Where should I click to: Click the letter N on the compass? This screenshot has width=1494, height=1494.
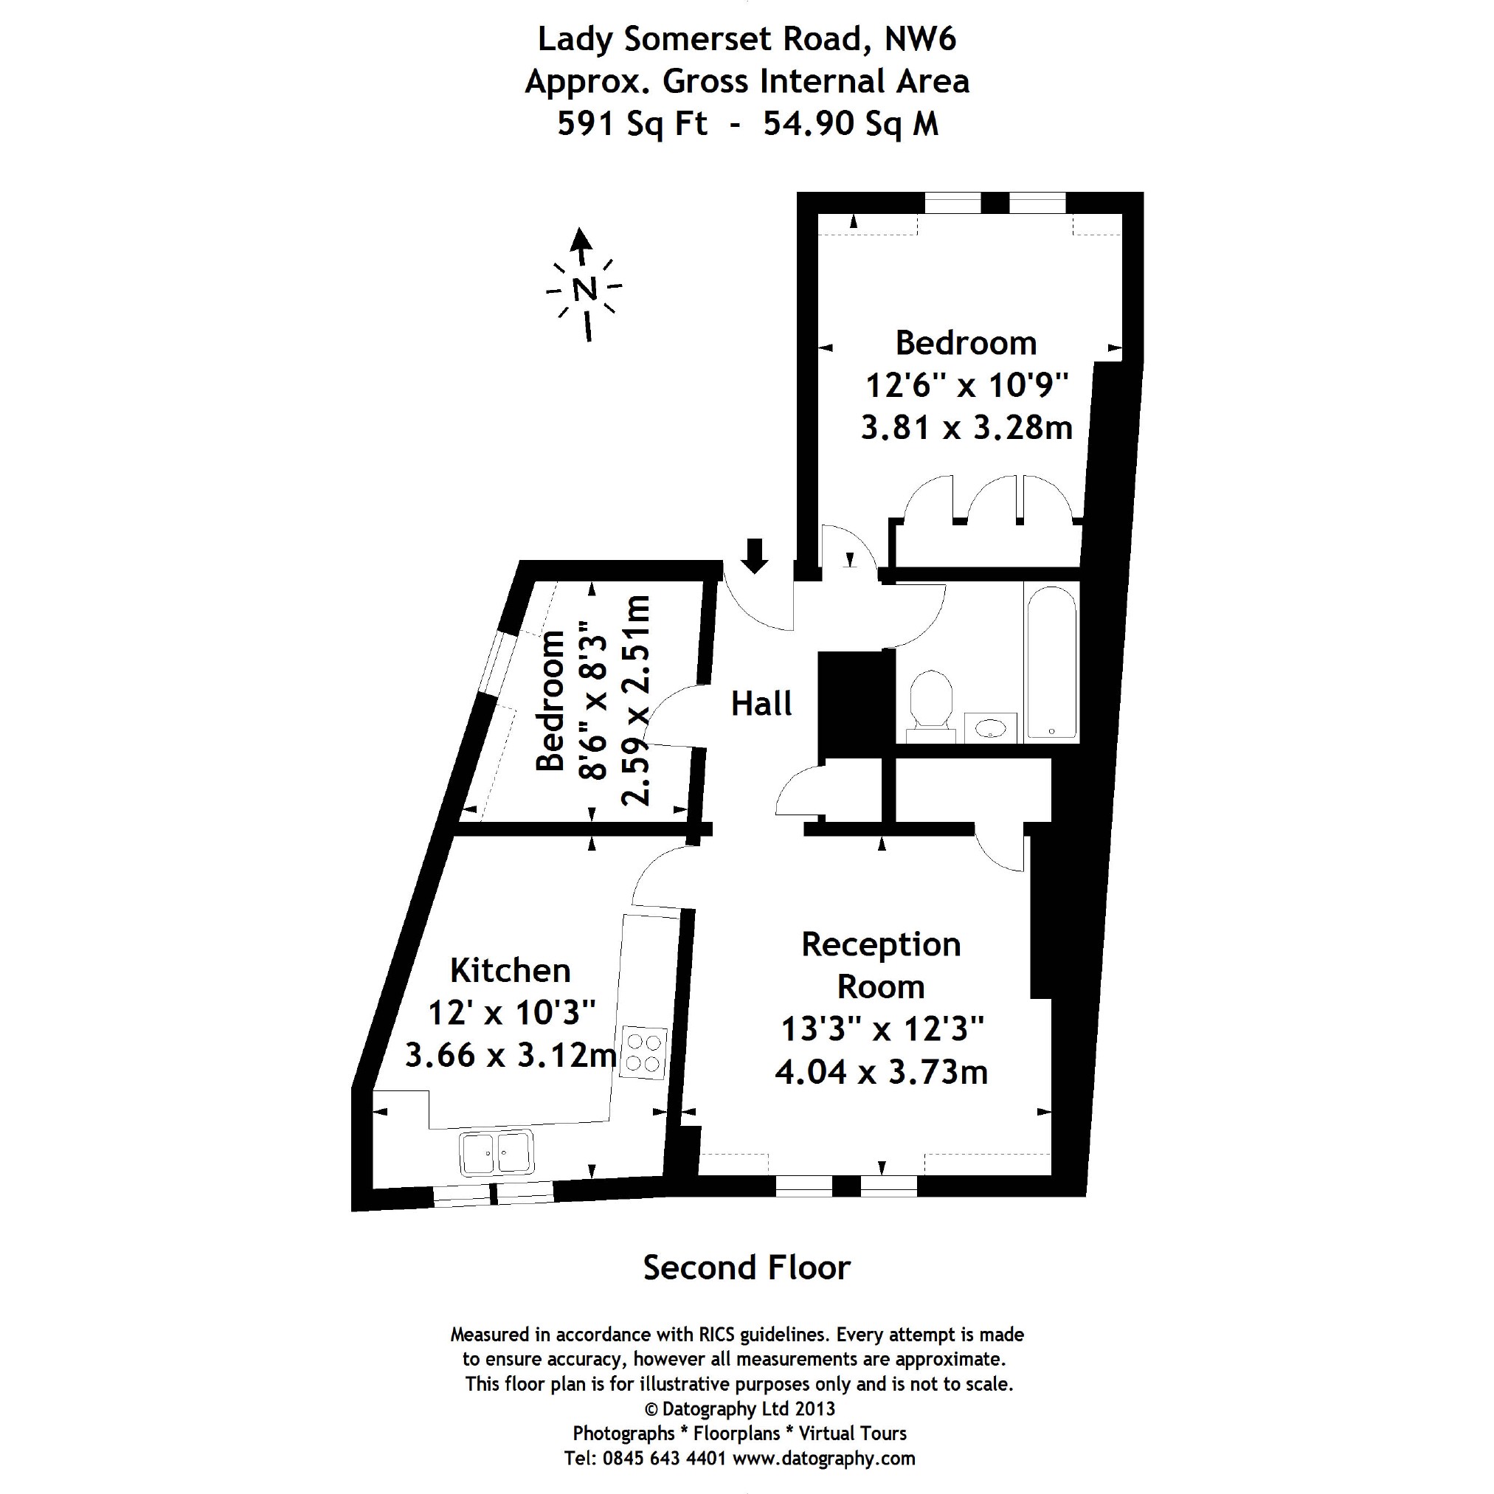[584, 289]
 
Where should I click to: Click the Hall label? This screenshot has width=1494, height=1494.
[761, 705]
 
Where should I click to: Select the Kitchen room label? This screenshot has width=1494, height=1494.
[511, 970]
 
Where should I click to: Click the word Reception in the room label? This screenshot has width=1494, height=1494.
[881, 945]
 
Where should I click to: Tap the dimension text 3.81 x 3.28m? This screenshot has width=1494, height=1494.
[966, 428]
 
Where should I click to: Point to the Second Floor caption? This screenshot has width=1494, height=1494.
[747, 1268]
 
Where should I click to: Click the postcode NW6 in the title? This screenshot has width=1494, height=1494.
[920, 39]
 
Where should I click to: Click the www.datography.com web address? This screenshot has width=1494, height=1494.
[823, 1459]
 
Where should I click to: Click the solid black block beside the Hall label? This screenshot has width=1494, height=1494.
[850, 705]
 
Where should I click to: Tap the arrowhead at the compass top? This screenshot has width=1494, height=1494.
[581, 238]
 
